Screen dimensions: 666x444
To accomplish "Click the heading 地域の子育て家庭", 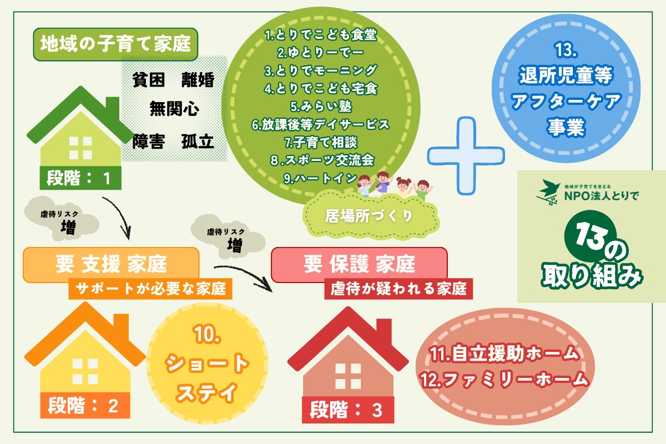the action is (115, 44).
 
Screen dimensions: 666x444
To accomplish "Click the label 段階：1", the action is (80, 179).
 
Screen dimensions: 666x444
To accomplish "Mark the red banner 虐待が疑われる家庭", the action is (398, 289).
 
